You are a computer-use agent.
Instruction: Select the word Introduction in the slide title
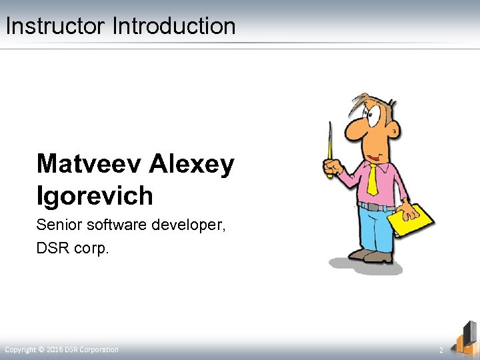tap(174, 27)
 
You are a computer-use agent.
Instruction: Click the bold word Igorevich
tap(95, 196)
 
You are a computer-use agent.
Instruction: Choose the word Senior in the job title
tap(57, 226)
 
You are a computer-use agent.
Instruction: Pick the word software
tap(116, 226)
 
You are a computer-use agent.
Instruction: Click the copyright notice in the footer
tap(62, 350)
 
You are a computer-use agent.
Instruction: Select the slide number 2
tap(441, 351)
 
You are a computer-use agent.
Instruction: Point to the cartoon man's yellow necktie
tap(372, 177)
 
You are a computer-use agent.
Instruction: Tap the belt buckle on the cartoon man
tap(378, 207)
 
